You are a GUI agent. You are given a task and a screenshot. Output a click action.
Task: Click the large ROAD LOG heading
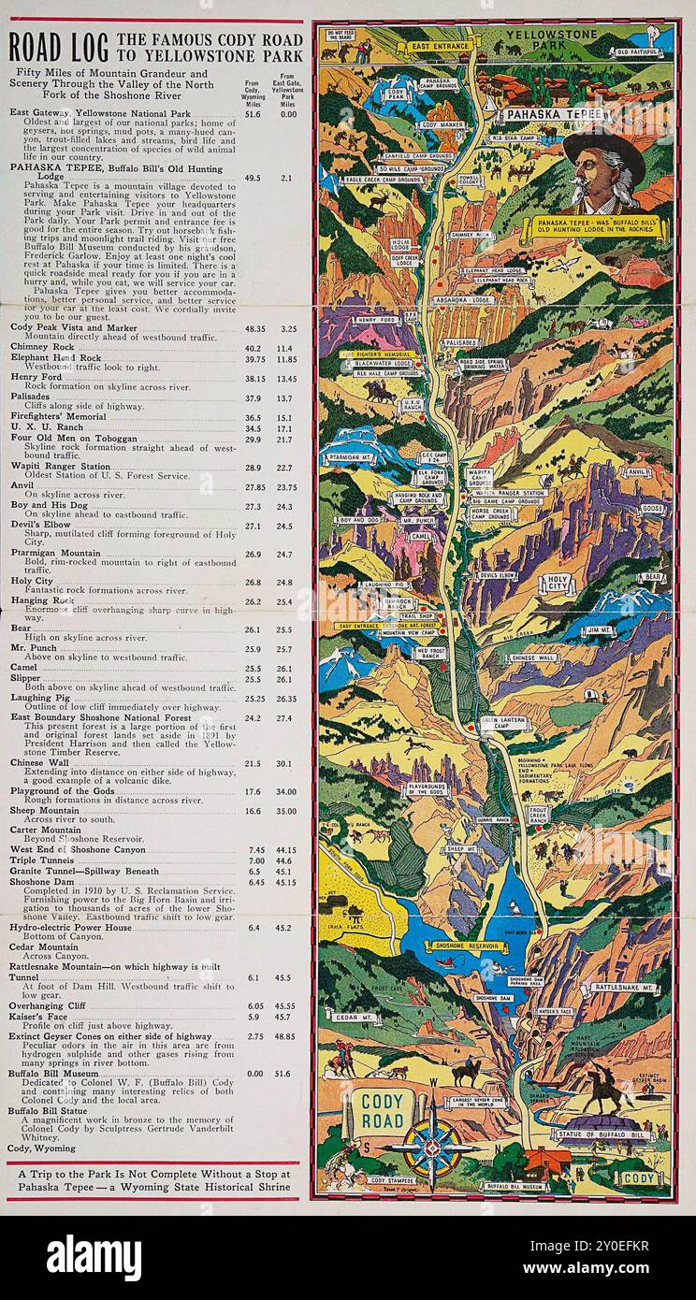(x=58, y=43)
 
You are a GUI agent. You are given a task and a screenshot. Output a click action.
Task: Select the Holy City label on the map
(x=558, y=584)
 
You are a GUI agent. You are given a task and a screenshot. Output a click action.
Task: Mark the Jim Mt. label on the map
(x=599, y=631)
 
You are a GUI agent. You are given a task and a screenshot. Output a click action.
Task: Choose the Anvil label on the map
(x=638, y=472)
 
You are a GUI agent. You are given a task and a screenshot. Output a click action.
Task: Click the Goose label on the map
(x=652, y=509)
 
